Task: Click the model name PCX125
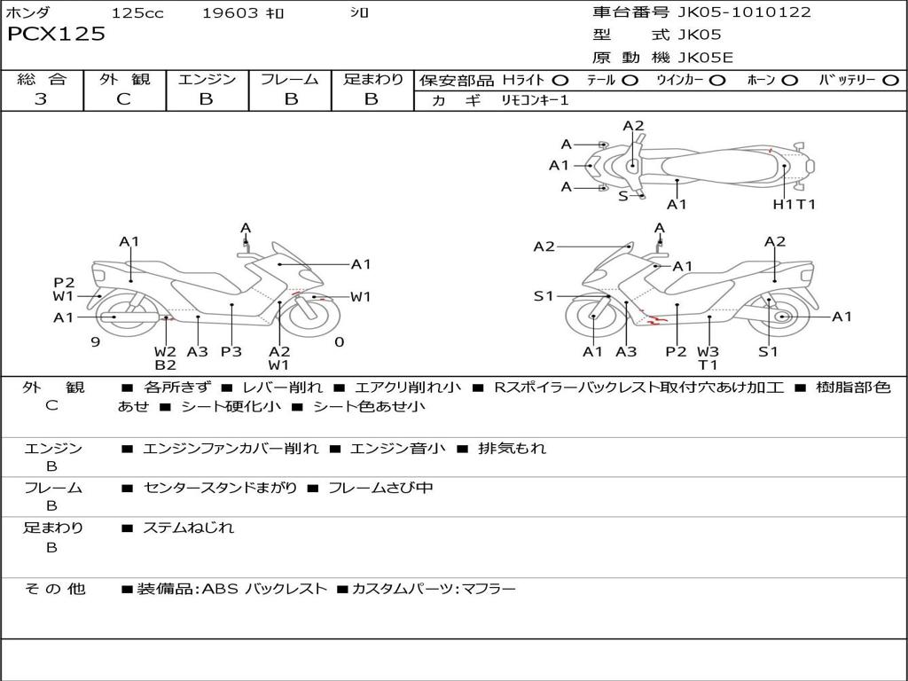[56, 35]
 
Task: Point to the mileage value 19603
[230, 13]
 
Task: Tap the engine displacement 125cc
[137, 13]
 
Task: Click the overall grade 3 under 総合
[41, 99]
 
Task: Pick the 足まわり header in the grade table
[372, 80]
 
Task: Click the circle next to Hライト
[560, 81]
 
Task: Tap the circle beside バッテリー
[890, 81]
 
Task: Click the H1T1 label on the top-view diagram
[794, 204]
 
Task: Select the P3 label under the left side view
[231, 351]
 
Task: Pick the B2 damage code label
[166, 364]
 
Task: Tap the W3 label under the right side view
[708, 351]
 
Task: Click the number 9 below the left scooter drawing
[95, 341]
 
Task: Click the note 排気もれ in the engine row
[512, 449]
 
